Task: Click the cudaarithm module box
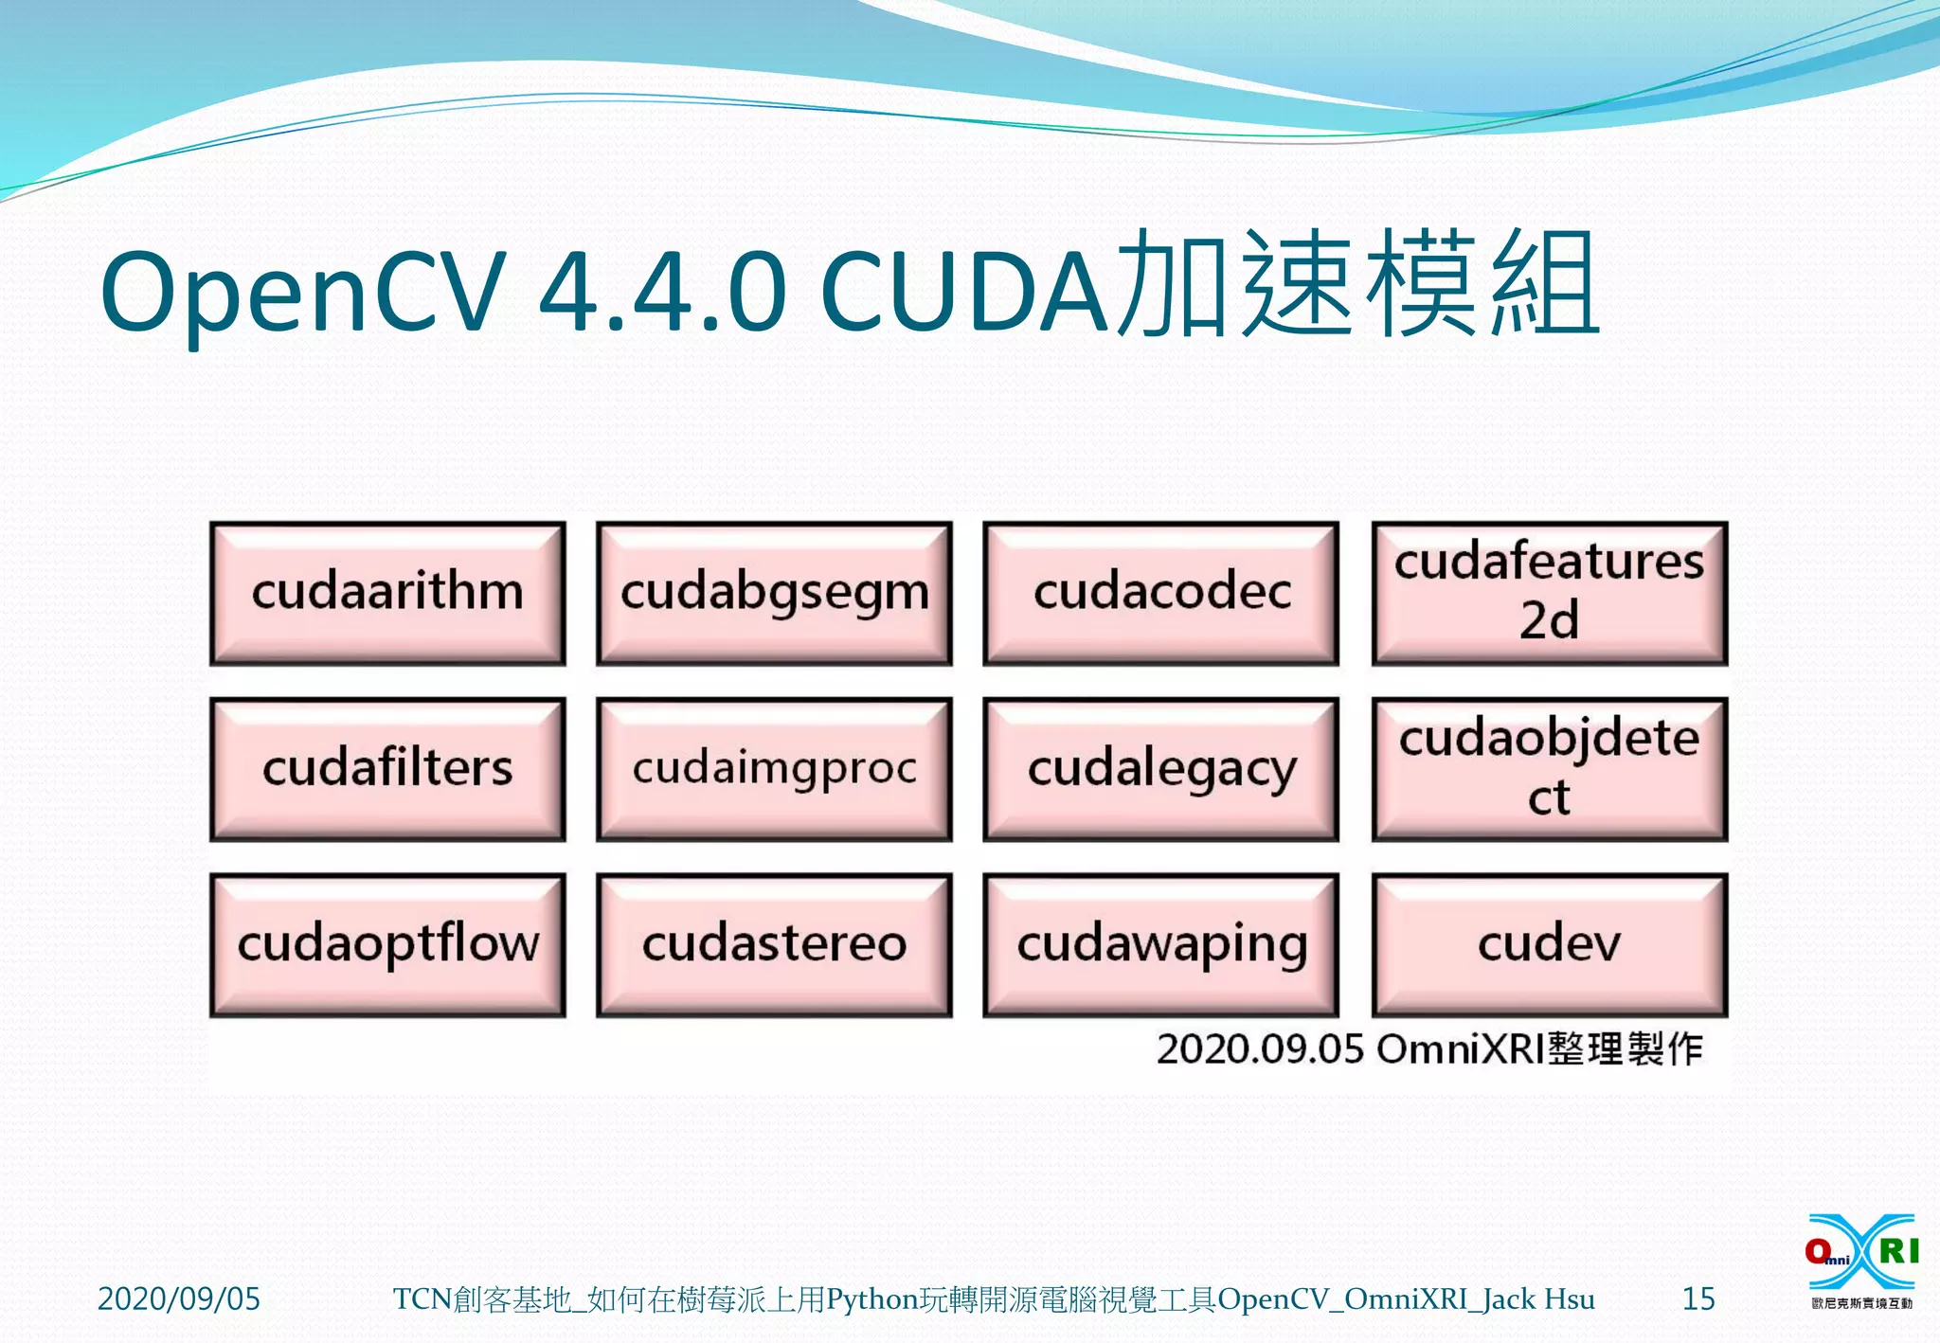pos(387,593)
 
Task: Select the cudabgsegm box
pos(774,593)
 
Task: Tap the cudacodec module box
pos(1160,593)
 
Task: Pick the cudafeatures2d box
pos(1549,593)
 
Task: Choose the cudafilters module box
pos(387,769)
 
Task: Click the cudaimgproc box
pos(774,769)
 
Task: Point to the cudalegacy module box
pos(1160,769)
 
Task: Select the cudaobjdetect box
pos(1549,769)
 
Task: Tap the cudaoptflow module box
pos(387,944)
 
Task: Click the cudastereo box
pos(774,944)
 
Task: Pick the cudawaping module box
pos(1160,944)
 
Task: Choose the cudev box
pos(1549,944)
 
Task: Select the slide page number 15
pos(1697,1298)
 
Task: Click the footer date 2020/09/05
pos(178,1298)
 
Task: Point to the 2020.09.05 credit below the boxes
pos(1260,1049)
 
